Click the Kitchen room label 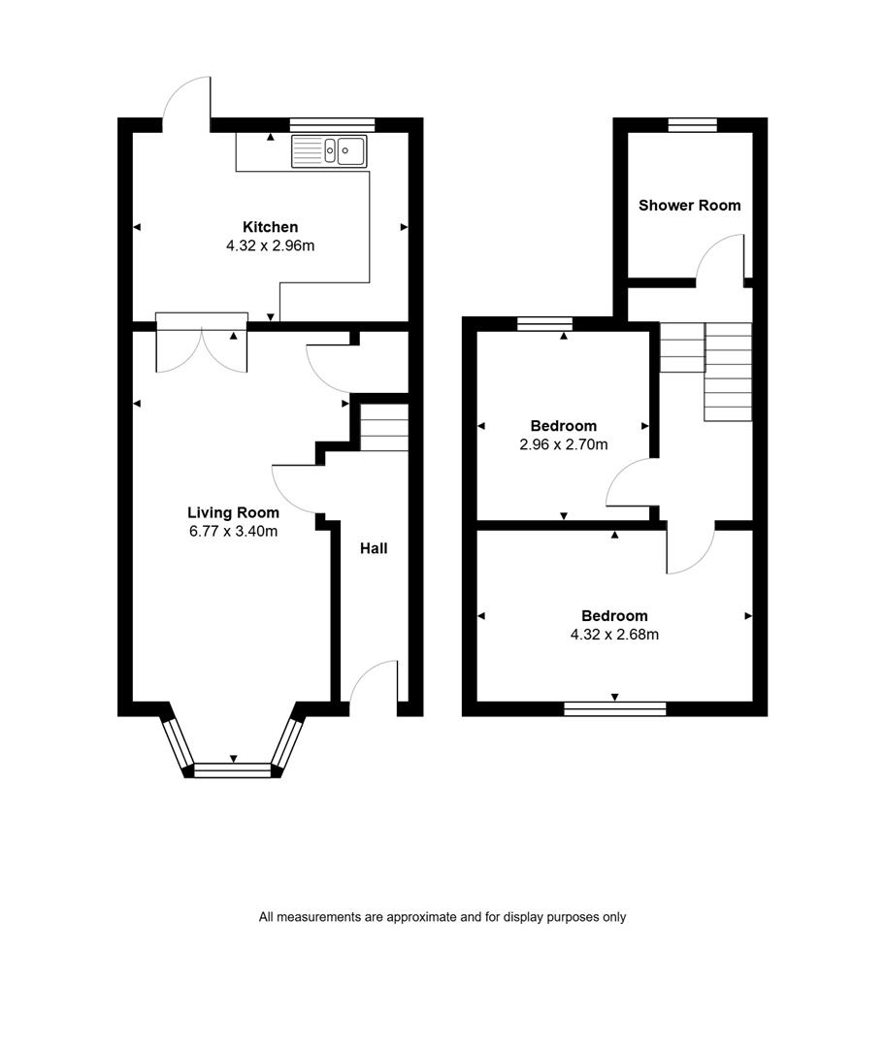click(x=270, y=227)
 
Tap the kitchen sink click(x=329, y=151)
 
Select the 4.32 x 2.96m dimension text click(x=270, y=246)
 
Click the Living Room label click(x=233, y=512)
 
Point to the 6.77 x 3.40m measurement click(x=233, y=532)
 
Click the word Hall click(x=374, y=548)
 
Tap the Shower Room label click(x=690, y=205)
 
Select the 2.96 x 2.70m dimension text click(x=564, y=444)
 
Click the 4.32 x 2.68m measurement click(x=614, y=635)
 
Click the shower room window click(x=693, y=124)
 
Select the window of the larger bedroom click(x=615, y=709)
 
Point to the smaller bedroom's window click(x=544, y=324)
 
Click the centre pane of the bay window click(x=233, y=770)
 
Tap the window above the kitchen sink click(x=332, y=125)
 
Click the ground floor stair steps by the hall click(x=384, y=427)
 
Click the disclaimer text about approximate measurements click(x=442, y=917)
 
